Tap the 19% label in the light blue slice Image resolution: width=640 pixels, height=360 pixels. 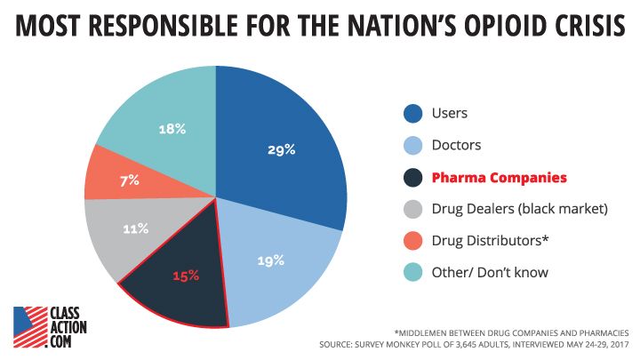pyautogui.click(x=271, y=260)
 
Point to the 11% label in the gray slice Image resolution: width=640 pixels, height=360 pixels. pyautogui.click(x=135, y=228)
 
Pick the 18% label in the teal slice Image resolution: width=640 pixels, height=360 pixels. pyautogui.click(x=172, y=129)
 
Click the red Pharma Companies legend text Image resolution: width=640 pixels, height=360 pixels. pyautogui.click(x=499, y=177)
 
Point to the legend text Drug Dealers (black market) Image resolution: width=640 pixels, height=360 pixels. pyautogui.click(x=520, y=209)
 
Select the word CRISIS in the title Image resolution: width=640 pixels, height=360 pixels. pyautogui.click(x=580, y=27)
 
